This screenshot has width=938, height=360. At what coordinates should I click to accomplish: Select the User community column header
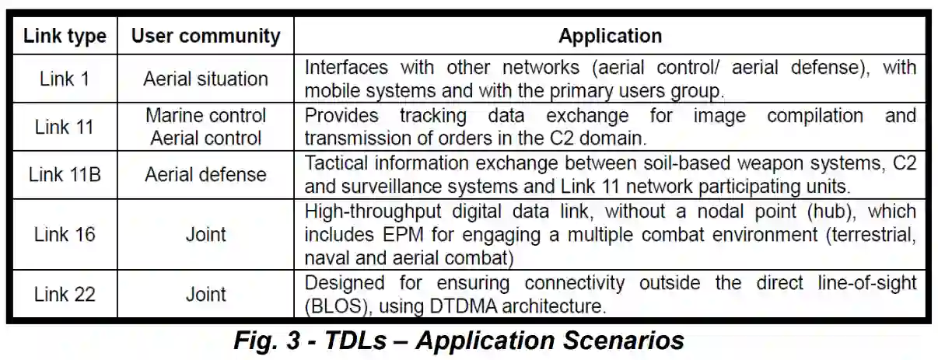click(x=205, y=35)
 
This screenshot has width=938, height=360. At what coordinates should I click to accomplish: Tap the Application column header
click(x=611, y=35)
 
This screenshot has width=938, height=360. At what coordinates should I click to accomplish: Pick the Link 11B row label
click(x=65, y=174)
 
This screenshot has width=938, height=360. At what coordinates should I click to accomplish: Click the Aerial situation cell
click(x=205, y=79)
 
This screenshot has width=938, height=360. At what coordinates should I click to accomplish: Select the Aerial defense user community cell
click(x=205, y=174)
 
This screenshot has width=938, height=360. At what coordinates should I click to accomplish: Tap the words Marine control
click(x=205, y=116)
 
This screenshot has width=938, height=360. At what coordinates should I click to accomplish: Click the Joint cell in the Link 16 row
click(x=205, y=234)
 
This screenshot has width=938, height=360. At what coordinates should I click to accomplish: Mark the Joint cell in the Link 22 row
click(x=205, y=295)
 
